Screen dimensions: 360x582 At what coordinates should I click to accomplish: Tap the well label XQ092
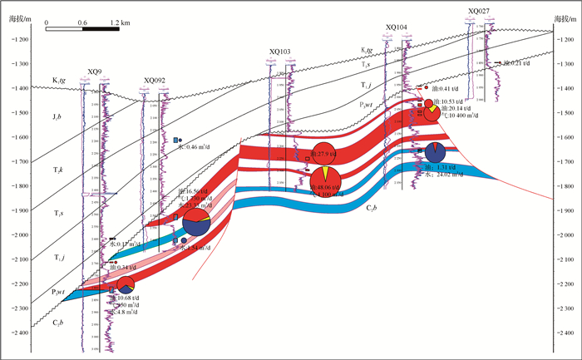click(x=154, y=80)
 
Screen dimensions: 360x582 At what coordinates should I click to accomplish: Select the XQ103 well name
click(x=280, y=52)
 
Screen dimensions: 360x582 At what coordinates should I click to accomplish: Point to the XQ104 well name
click(x=397, y=27)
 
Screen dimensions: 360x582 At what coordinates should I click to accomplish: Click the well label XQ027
click(x=479, y=11)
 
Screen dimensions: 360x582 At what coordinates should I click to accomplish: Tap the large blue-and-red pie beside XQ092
click(x=196, y=223)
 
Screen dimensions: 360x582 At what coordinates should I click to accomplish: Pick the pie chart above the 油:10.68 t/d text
click(x=125, y=284)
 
